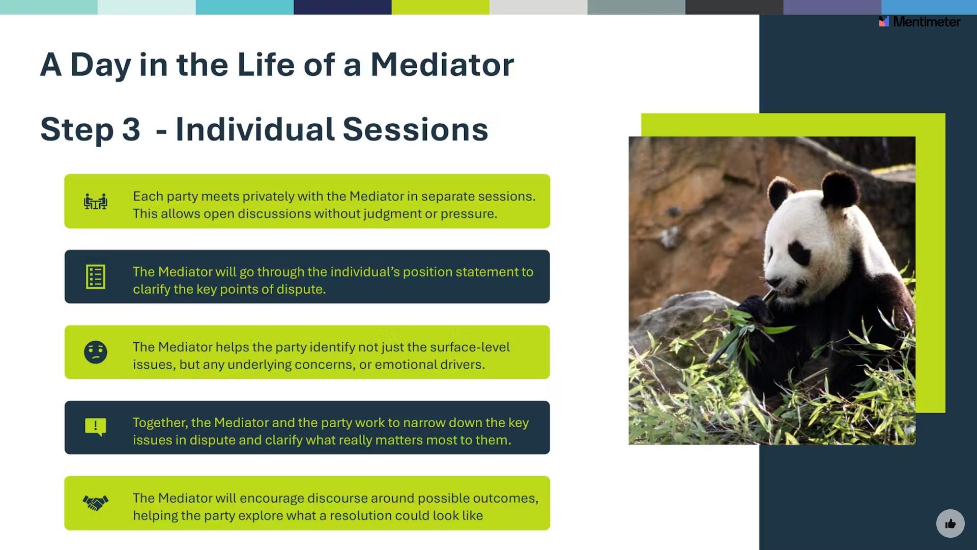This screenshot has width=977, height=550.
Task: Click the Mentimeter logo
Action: click(x=919, y=21)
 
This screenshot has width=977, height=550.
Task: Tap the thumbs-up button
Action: click(x=950, y=524)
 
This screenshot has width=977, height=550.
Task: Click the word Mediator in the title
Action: click(x=442, y=65)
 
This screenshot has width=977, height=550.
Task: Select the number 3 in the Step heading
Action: click(x=131, y=129)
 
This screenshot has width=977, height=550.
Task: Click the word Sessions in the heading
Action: click(x=415, y=129)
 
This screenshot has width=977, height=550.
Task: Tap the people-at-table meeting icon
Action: click(x=96, y=202)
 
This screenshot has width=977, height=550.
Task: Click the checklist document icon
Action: click(x=96, y=277)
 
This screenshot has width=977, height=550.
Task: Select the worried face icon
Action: click(x=96, y=352)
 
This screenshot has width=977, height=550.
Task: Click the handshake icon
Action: click(x=96, y=503)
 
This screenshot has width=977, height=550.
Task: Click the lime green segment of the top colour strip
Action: click(x=441, y=7)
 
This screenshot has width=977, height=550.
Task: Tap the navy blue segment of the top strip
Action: click(x=342, y=7)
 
